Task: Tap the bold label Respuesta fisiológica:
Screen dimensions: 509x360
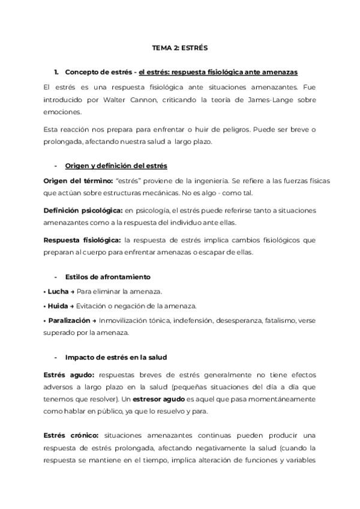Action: tap(78, 240)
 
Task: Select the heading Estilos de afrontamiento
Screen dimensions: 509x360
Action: tap(107, 277)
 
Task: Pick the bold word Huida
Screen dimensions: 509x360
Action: tap(58, 306)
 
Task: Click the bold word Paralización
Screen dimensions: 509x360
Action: tap(68, 321)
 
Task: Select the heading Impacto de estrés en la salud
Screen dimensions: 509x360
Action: tap(116, 357)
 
